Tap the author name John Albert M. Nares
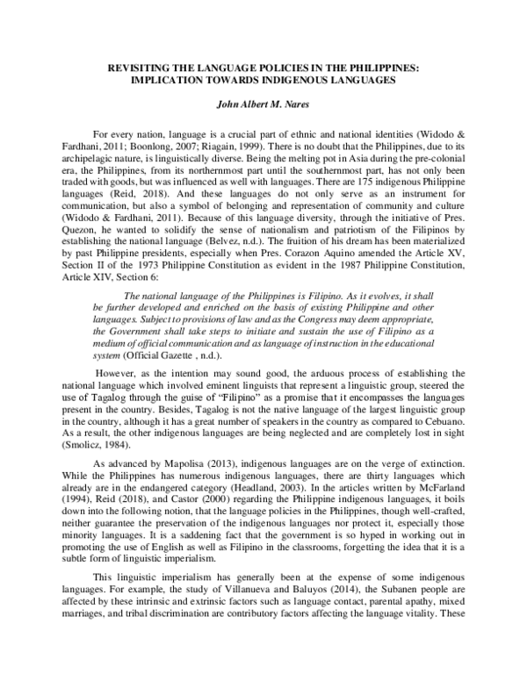263,103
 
